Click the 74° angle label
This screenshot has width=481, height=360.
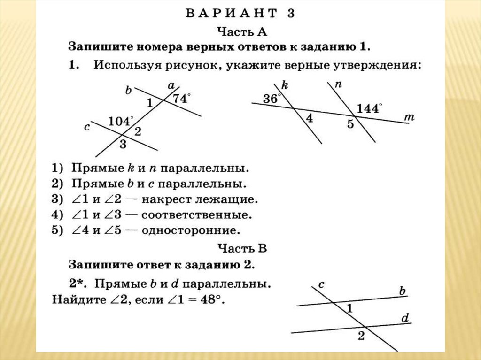[x=182, y=99]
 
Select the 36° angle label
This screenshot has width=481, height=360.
[x=272, y=99]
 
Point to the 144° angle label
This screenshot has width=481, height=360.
[x=370, y=108]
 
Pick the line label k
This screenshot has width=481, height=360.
[x=285, y=85]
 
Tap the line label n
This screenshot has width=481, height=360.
[x=338, y=84]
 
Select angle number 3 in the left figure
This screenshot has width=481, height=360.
[x=123, y=144]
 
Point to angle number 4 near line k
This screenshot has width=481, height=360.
[x=309, y=118]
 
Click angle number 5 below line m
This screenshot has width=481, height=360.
[x=350, y=125]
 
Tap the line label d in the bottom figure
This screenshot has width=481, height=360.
[x=405, y=319]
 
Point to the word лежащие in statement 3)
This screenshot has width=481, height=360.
[x=233, y=199]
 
